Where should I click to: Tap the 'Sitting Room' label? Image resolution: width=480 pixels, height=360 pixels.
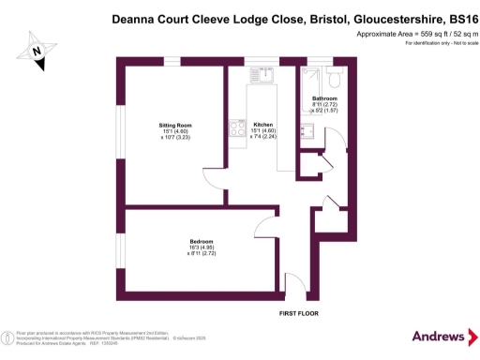coord(175,124)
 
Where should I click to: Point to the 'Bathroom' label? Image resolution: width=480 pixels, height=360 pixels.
coord(324,98)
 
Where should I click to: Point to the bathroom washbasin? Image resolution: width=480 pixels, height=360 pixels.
coord(307,131)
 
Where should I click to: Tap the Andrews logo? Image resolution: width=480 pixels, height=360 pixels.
coord(439,336)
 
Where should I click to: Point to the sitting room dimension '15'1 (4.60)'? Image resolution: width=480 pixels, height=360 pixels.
coord(175,131)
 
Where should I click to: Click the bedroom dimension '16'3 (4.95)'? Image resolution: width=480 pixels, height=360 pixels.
coord(202,248)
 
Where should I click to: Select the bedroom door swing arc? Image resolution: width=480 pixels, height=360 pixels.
coord(265,225)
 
